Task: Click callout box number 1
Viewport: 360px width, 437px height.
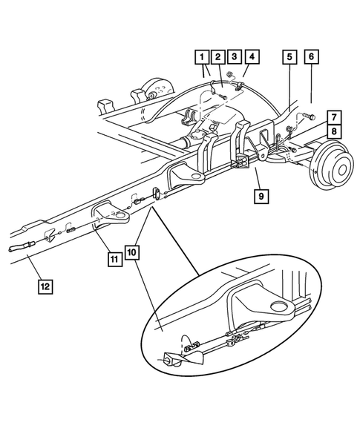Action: pos(202,56)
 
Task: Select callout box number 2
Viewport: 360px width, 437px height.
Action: pos(217,56)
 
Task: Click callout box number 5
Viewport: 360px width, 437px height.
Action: pos(289,56)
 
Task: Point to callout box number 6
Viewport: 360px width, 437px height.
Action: pos(310,56)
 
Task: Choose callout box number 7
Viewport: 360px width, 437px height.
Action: pos(336,118)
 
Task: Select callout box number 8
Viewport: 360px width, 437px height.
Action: pos(336,132)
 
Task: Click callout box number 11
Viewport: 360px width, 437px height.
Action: pos(114,259)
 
